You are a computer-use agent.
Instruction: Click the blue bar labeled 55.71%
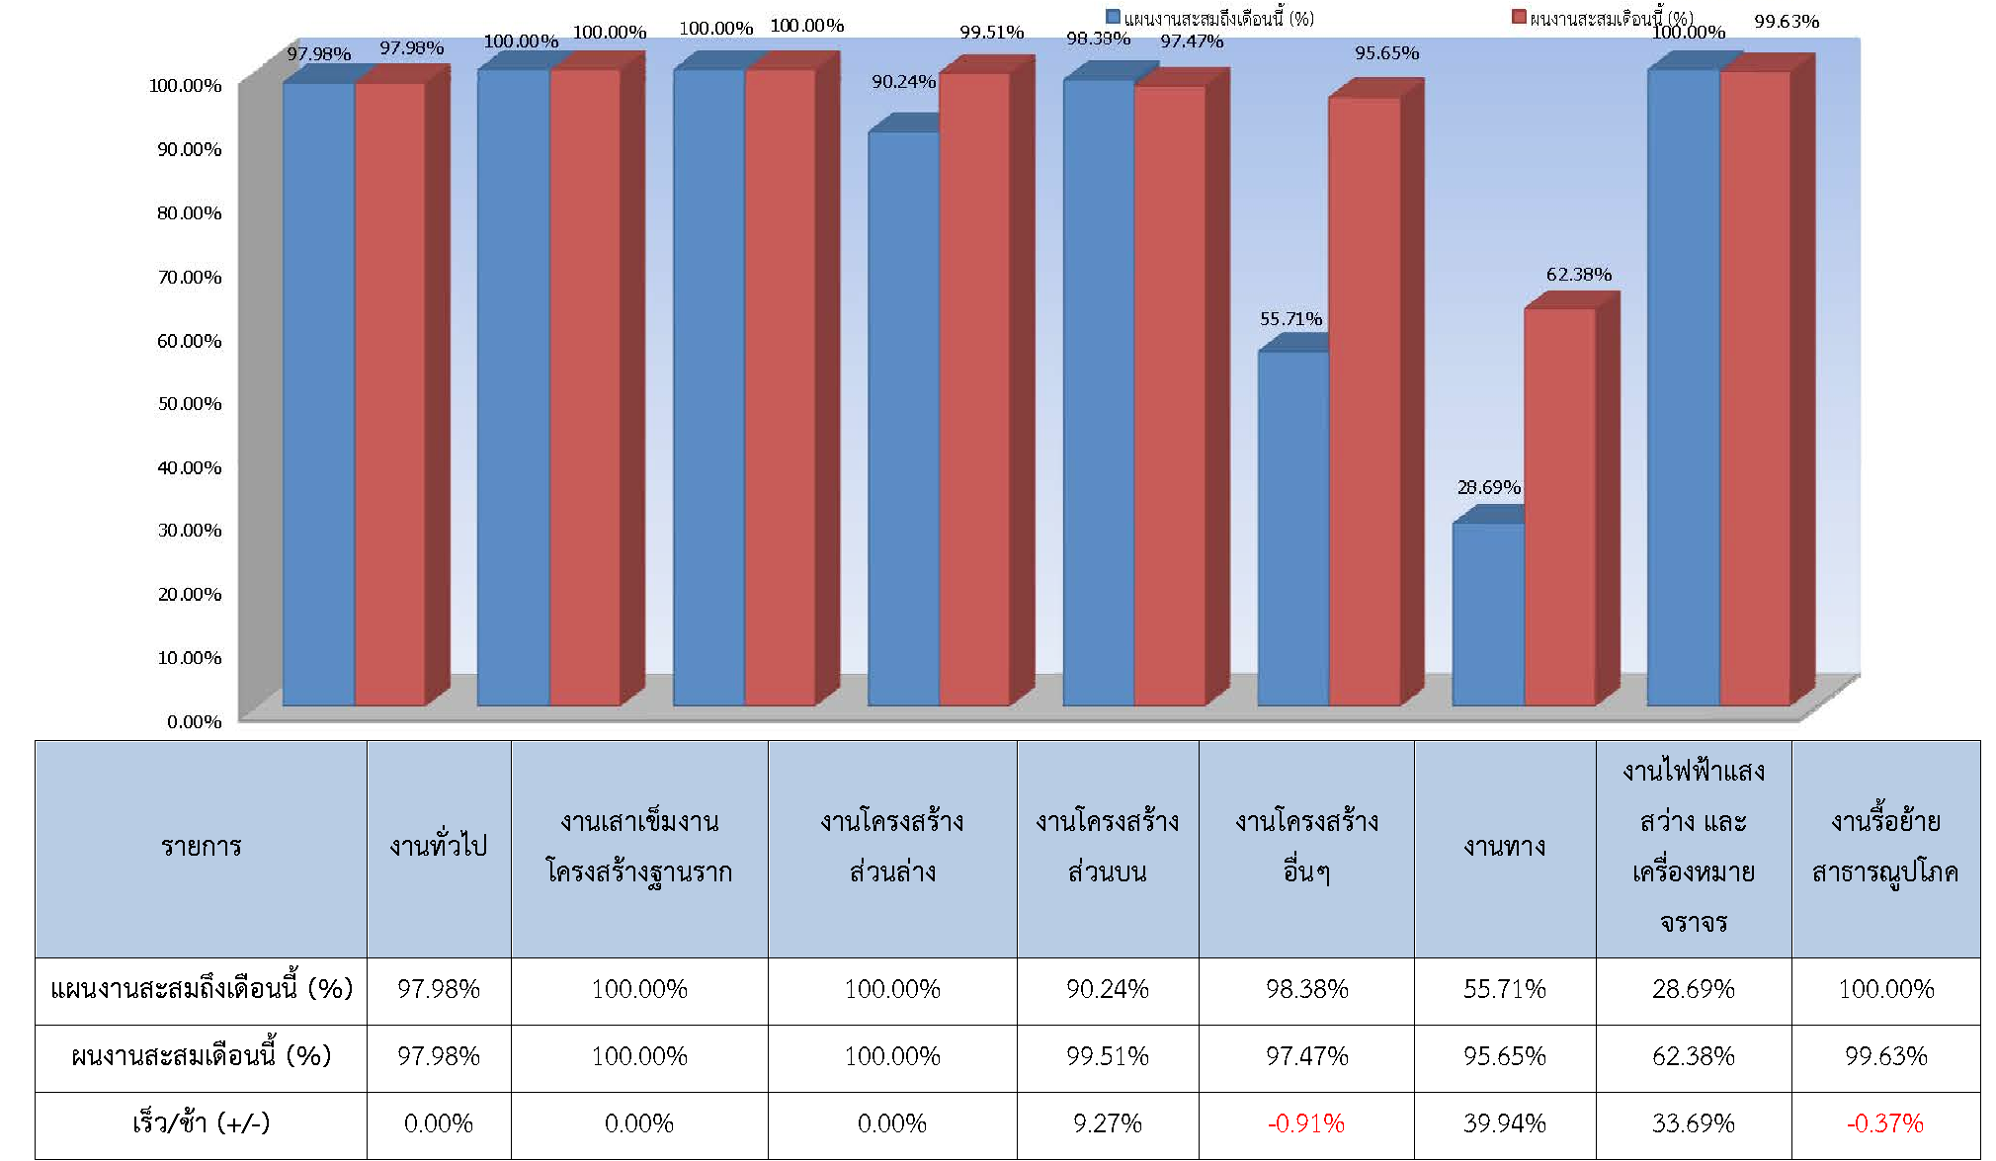pyautogui.click(x=1293, y=529)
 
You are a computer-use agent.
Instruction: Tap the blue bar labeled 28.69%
pyautogui.click(x=1488, y=614)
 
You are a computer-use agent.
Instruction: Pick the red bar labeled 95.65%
pyautogui.click(x=1365, y=400)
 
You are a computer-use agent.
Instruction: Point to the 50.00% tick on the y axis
pyautogui.click(x=190, y=404)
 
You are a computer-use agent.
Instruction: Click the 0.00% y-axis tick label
pyautogui.click(x=195, y=722)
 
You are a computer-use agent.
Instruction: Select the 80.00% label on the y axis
pyautogui.click(x=190, y=213)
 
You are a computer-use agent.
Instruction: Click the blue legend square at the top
pyautogui.click(x=1113, y=17)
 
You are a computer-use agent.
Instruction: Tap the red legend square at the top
pyautogui.click(x=1519, y=17)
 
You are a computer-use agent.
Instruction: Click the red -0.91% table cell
pyautogui.click(x=1306, y=1123)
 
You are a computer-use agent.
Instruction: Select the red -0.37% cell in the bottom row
pyautogui.click(x=1885, y=1123)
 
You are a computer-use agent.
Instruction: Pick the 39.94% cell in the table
pyautogui.click(x=1504, y=1123)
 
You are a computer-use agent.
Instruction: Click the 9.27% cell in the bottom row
pyautogui.click(x=1108, y=1123)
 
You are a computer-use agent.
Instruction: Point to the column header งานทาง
pyautogui.click(x=1504, y=847)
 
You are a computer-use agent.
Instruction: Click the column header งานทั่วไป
pyautogui.click(x=439, y=847)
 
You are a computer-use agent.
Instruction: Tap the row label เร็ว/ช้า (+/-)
pyautogui.click(x=201, y=1123)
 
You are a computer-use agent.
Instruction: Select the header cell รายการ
pyautogui.click(x=201, y=847)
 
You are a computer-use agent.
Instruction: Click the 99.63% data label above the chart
pyautogui.click(x=1787, y=22)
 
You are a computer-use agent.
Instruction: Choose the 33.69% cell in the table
pyautogui.click(x=1694, y=1123)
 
